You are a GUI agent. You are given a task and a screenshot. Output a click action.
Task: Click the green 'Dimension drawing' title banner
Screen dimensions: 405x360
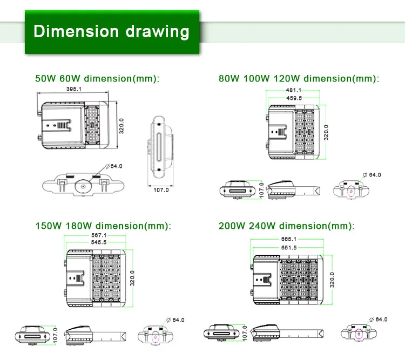coord(112,32)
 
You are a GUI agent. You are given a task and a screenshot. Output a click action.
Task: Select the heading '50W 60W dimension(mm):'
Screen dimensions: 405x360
coord(97,78)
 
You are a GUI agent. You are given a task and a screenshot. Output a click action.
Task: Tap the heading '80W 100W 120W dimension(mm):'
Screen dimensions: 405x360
coord(299,78)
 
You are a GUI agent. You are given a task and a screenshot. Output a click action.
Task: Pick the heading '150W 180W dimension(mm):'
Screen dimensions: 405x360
coord(103,226)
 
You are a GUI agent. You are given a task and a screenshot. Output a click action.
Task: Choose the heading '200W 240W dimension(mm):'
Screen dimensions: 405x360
coord(287,226)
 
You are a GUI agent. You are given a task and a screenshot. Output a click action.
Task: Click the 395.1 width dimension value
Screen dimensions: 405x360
coord(74,89)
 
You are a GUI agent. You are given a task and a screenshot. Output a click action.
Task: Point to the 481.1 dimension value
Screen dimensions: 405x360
coord(294,90)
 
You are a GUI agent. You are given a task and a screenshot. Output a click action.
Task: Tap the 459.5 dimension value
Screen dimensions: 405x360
coord(294,98)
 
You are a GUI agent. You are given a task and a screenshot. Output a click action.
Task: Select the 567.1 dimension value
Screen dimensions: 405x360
coord(99,235)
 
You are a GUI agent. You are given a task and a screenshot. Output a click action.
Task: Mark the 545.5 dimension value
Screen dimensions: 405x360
coord(99,242)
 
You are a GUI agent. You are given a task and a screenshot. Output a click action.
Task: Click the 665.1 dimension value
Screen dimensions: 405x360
coord(289,239)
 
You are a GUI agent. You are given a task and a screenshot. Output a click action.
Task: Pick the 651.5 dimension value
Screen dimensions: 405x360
coord(289,248)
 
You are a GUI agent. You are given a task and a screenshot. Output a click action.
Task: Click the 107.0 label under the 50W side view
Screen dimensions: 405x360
coord(161,190)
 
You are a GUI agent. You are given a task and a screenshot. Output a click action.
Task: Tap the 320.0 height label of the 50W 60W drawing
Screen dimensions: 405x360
coord(122,126)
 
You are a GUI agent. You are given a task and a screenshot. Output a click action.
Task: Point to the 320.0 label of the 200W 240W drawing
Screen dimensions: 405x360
coord(332,280)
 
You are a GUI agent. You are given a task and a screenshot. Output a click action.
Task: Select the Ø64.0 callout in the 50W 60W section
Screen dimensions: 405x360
coord(114,166)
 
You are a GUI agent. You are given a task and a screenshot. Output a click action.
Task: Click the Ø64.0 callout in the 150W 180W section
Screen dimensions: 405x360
coord(175,320)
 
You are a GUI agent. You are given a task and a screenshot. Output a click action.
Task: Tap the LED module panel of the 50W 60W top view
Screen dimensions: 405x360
coord(92,125)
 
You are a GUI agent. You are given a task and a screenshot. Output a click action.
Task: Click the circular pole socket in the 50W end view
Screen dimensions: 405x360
coord(83,186)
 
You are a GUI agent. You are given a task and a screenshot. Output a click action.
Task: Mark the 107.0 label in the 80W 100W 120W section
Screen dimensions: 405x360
coord(261,191)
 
